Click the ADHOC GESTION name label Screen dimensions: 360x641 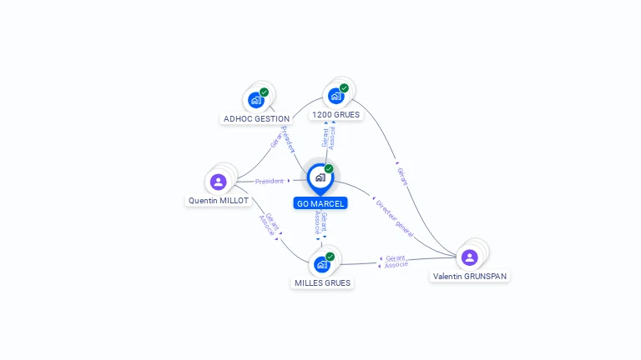(256, 119)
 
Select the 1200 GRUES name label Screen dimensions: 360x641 (336, 114)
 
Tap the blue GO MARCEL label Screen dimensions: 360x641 (320, 203)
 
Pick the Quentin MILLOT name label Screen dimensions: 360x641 (219, 201)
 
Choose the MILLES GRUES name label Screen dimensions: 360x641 (322, 283)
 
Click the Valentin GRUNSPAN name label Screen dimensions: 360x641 (470, 276)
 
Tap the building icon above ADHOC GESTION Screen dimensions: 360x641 (256, 100)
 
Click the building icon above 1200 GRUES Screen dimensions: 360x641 (336, 96)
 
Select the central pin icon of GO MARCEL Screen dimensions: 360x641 (320, 177)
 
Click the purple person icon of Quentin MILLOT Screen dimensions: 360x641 (219, 182)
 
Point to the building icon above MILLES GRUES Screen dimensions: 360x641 (321, 264)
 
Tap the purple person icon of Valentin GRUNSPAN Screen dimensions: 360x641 (470, 257)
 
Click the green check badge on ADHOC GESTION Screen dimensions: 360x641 (265, 92)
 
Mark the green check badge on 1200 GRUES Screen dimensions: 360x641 (344, 88)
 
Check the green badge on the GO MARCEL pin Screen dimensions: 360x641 (329, 169)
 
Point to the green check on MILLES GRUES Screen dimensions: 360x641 (330, 257)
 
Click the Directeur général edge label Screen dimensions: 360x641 (393, 217)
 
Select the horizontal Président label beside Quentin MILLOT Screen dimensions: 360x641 (270, 181)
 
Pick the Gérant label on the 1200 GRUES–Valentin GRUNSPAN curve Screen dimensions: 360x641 (402, 176)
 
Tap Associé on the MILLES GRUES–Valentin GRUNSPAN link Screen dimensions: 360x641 (396, 265)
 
